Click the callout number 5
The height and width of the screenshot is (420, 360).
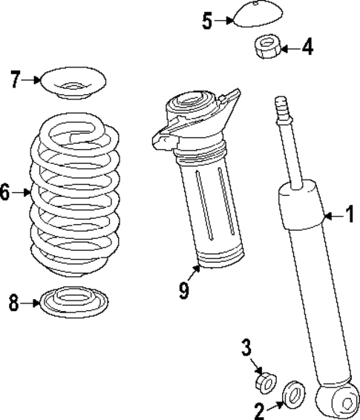207,20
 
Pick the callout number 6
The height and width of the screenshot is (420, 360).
6,194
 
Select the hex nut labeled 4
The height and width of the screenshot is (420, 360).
266,49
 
